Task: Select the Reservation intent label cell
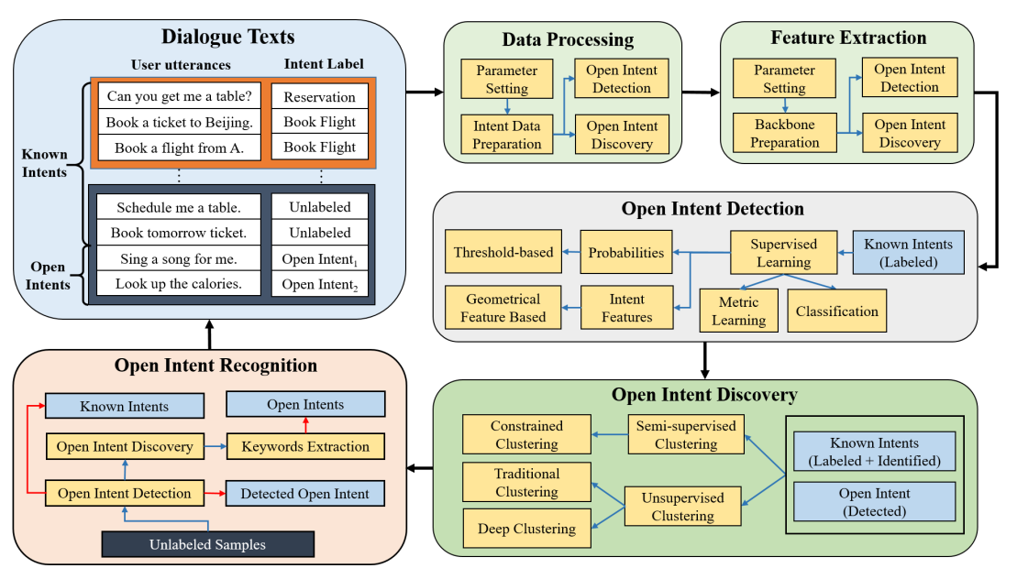[319, 96]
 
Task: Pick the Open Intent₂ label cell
[319, 284]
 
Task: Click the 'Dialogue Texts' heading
[217, 38]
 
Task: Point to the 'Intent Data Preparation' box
[507, 134]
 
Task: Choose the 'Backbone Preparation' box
[784, 133]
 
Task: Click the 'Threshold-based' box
[503, 253]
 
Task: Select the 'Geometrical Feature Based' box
[503, 308]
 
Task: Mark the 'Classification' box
[836, 311]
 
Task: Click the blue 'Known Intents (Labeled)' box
[907, 253]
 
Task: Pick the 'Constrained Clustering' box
[525, 435]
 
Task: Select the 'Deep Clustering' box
[526, 529]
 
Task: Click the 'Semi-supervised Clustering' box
[686, 434]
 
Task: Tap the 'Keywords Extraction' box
[305, 447]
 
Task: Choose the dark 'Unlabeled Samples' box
[207, 544]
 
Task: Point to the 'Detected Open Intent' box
[304, 494]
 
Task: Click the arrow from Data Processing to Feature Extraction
[701, 93]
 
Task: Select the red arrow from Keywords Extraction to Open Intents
[305, 426]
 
